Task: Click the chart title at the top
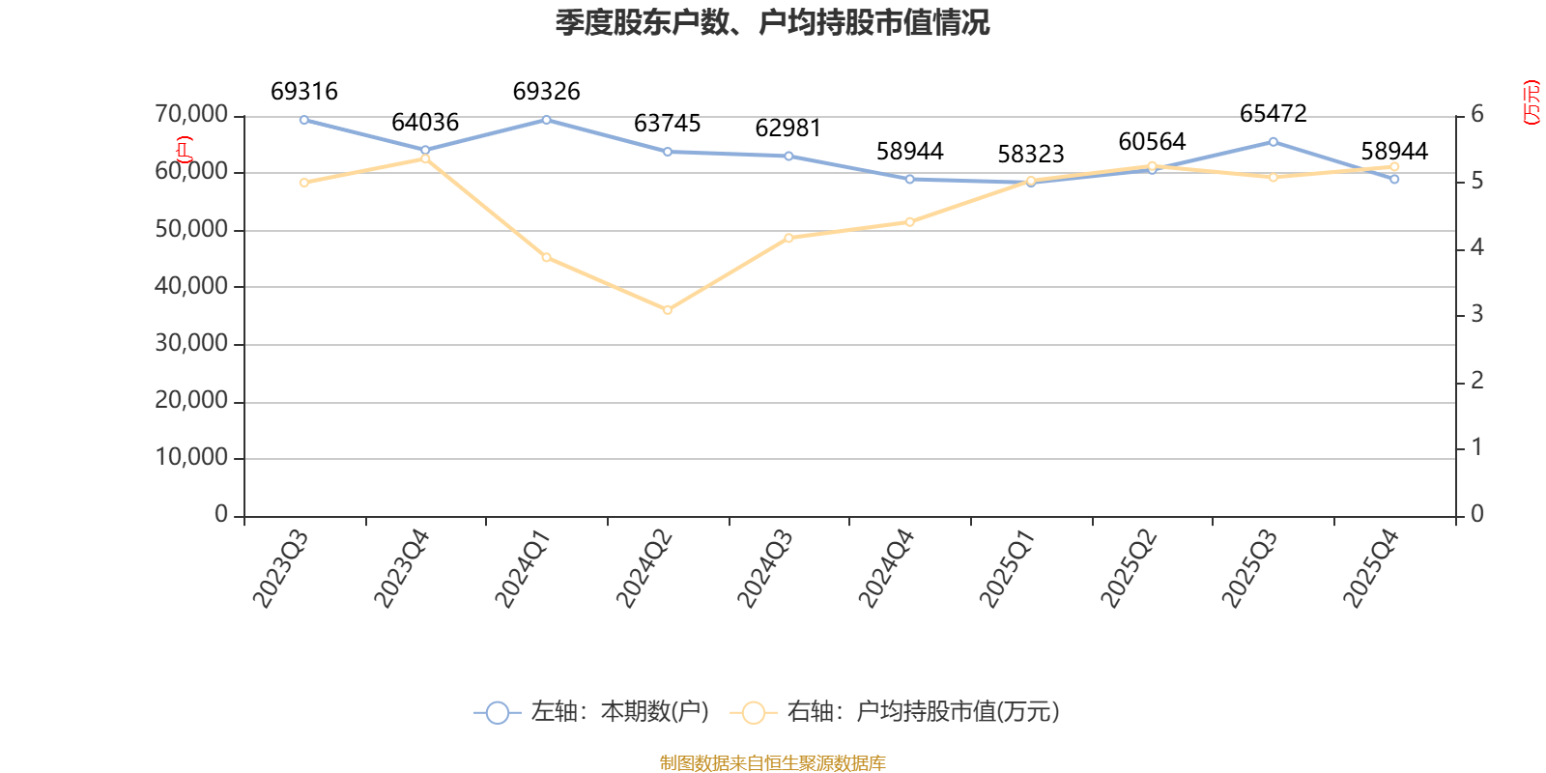tap(772, 22)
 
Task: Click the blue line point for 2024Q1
tap(546, 120)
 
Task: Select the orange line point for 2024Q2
tap(667, 310)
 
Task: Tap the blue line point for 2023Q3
tap(303, 120)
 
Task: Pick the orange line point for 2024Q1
tap(546, 257)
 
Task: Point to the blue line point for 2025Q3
tap(1273, 142)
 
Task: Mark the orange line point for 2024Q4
tap(909, 222)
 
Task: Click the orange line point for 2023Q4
tap(425, 158)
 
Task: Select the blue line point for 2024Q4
tap(909, 179)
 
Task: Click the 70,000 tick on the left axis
tap(191, 115)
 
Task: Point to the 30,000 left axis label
tap(191, 344)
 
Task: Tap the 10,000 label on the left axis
tap(191, 458)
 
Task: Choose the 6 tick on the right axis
tap(1476, 115)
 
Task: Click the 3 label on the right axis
tap(1476, 315)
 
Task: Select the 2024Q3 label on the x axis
tap(765, 569)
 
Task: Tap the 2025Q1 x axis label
tap(1007, 569)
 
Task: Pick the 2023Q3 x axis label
tap(280, 569)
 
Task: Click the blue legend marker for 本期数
tap(497, 713)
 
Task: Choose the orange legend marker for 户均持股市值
tap(753, 713)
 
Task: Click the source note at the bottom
tap(772, 763)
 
